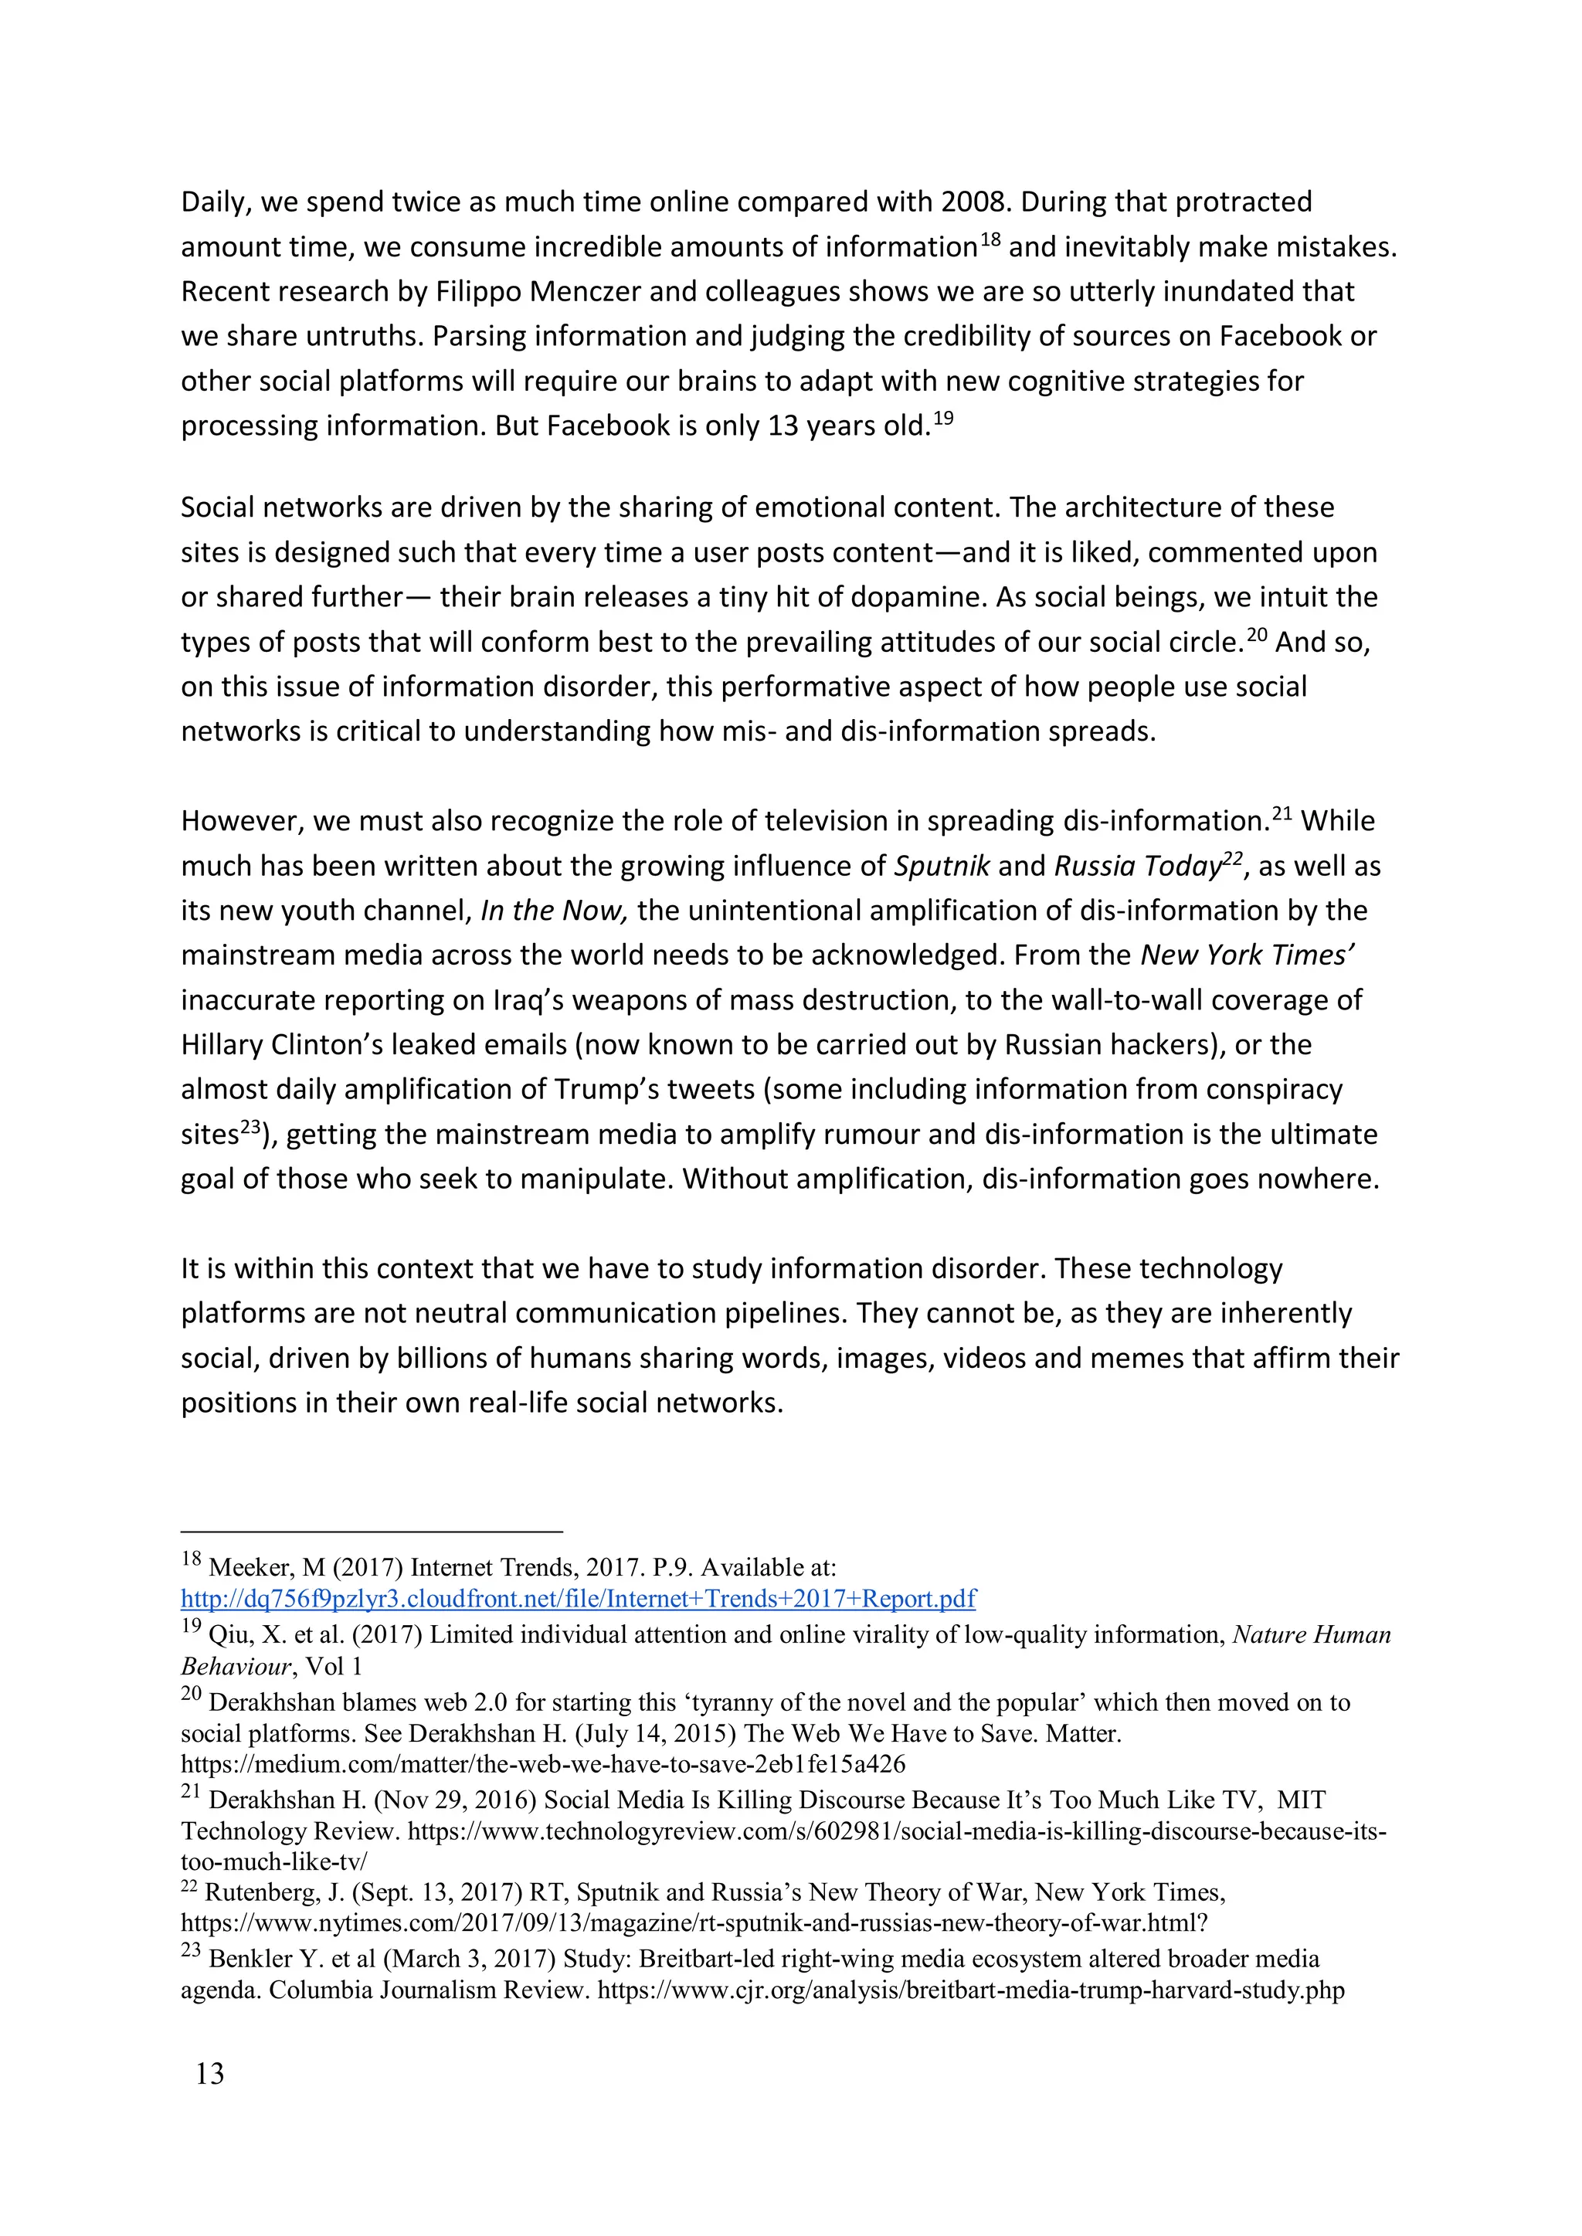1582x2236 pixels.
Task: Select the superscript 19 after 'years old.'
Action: [943, 419]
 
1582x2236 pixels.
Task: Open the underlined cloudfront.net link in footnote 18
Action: [579, 1598]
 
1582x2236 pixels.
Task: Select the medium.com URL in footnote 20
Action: [542, 1763]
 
